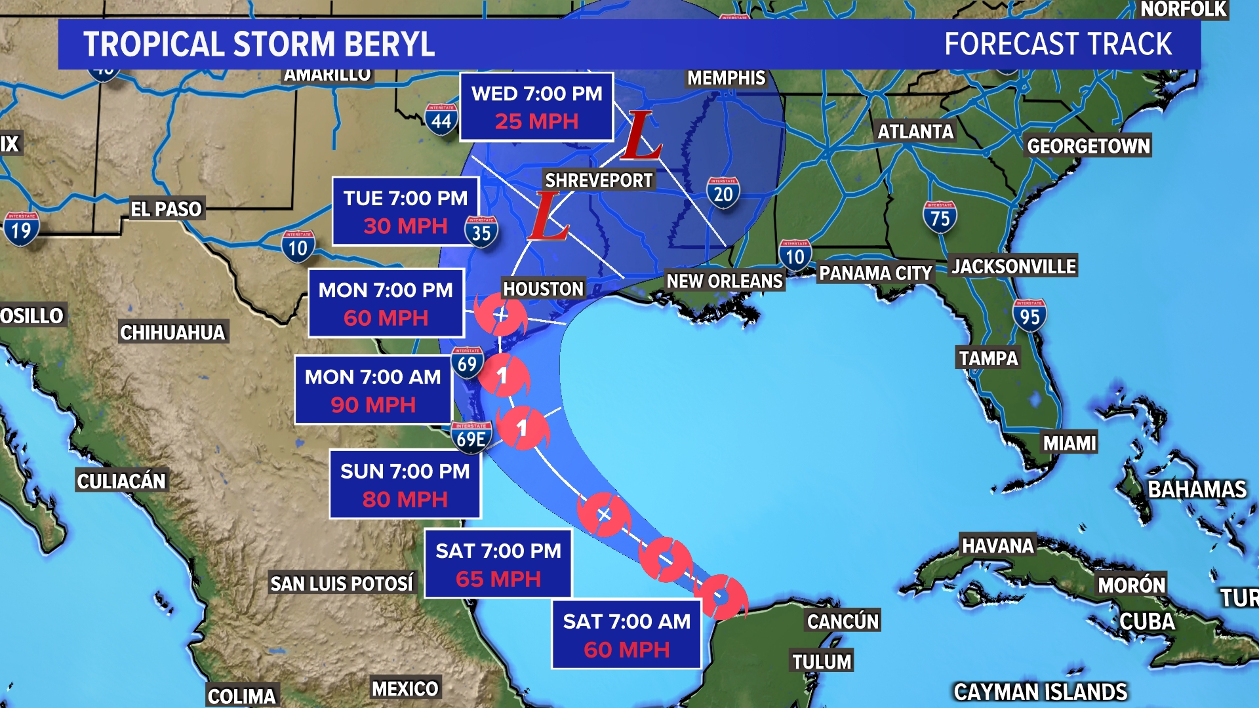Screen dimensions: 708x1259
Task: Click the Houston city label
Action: click(543, 288)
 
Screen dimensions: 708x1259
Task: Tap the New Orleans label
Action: click(725, 281)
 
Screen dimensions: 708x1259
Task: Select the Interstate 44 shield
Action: click(441, 119)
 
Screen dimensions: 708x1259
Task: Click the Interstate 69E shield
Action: click(471, 437)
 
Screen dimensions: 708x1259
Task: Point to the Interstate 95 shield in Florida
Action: click(1029, 315)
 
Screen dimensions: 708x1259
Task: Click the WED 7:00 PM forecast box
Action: click(536, 108)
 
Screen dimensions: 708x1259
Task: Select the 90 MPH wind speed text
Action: click(372, 405)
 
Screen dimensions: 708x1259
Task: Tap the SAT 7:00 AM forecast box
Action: click(626, 635)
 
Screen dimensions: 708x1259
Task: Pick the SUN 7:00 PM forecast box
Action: click(405, 485)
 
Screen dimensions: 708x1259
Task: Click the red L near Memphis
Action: click(640, 136)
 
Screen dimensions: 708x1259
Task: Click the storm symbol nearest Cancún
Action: click(721, 597)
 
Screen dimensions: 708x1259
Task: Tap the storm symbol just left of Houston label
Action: click(500, 315)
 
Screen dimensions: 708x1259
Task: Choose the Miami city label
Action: click(1069, 443)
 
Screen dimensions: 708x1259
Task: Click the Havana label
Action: click(997, 545)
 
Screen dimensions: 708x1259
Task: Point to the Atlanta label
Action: click(915, 132)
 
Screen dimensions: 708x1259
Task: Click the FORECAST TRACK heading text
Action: click(1058, 45)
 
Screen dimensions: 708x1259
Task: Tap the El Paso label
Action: click(166, 209)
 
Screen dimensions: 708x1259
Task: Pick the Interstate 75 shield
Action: click(940, 217)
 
